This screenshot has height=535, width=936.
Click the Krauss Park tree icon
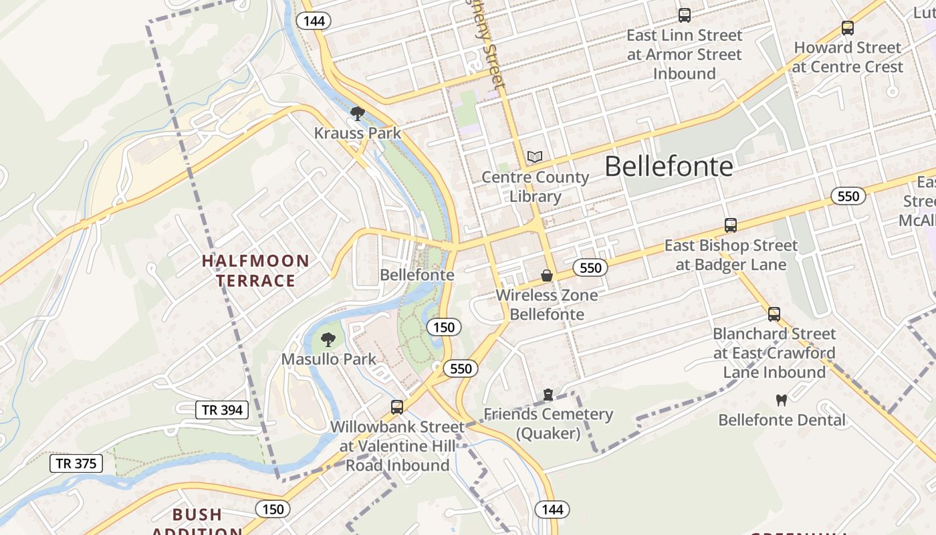(358, 114)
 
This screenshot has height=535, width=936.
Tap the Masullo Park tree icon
(328, 340)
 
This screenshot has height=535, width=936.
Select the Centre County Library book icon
(534, 157)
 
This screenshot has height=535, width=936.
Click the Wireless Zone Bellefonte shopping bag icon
(547, 276)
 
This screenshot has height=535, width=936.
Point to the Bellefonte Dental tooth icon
(781, 401)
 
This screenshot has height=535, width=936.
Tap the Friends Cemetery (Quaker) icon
(548, 395)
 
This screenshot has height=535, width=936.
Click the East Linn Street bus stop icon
(684, 15)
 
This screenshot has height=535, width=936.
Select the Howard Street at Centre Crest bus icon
(848, 28)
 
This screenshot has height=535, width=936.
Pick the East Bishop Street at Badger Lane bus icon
(731, 225)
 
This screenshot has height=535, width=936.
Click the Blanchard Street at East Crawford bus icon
(774, 314)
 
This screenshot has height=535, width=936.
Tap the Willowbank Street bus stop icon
(397, 407)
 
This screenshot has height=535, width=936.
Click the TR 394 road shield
(222, 410)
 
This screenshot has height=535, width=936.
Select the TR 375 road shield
(76, 463)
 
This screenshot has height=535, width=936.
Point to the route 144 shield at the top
(314, 21)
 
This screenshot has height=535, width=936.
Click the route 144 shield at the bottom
(552, 510)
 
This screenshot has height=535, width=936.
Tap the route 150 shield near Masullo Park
(443, 327)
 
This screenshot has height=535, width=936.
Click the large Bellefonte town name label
(669, 167)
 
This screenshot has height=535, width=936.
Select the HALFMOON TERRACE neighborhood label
(255, 270)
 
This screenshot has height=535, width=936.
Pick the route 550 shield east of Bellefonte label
(848, 196)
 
